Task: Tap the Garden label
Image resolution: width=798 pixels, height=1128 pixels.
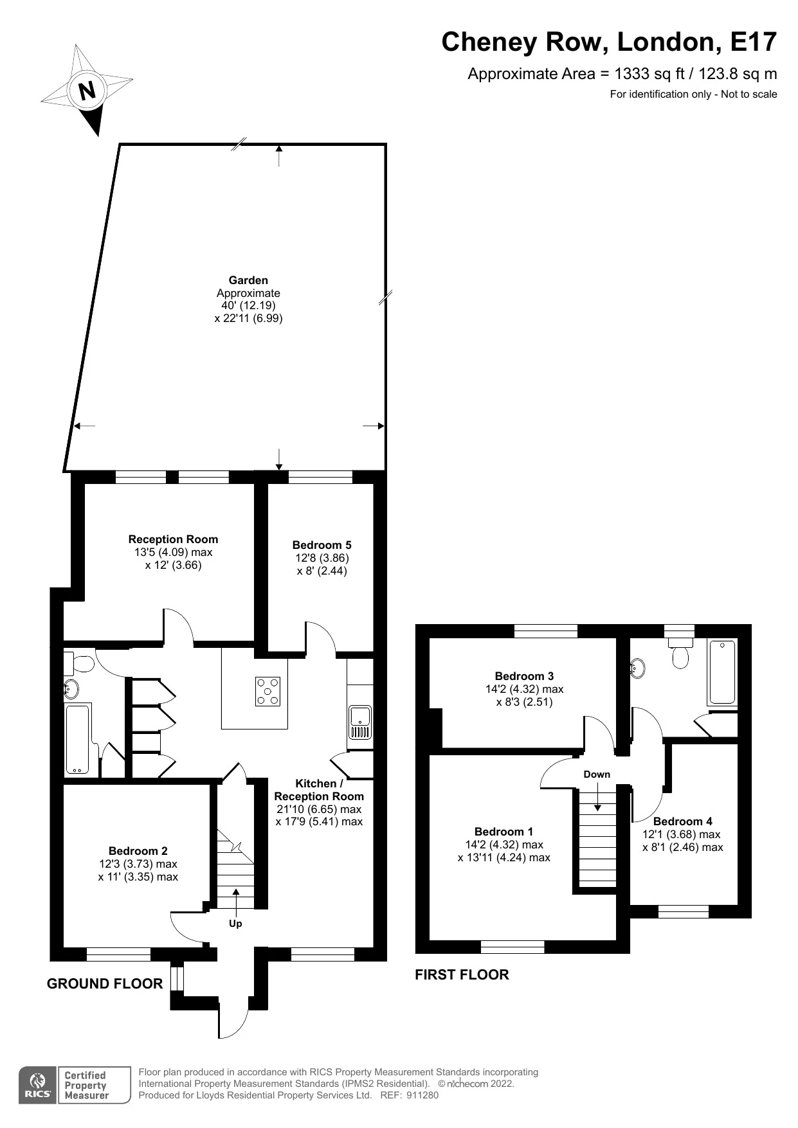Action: pos(248,280)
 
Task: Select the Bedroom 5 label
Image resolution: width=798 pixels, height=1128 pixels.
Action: pos(322,545)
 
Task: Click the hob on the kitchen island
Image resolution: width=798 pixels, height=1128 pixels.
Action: pos(268,692)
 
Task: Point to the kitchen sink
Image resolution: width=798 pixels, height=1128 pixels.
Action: pos(359,722)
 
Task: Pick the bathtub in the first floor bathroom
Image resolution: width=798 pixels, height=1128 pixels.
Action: pos(722,672)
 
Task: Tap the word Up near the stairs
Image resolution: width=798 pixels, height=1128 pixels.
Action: pos(235,924)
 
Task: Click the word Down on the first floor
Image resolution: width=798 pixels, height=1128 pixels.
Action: pos(597,774)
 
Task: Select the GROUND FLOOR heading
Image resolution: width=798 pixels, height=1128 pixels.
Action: pos(105,983)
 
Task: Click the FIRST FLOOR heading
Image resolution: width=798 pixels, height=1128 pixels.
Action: pos(462,974)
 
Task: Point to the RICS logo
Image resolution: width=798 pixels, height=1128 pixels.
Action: pos(38,1085)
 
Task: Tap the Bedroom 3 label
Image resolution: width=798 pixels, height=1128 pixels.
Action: pos(524,676)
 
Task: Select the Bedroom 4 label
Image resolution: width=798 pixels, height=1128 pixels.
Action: pos(683,821)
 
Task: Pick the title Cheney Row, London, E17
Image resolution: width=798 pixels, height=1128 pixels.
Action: pos(609,42)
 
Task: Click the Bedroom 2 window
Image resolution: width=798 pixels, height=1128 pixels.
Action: pos(118,954)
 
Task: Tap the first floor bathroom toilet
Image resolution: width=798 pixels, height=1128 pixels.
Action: pos(679,653)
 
